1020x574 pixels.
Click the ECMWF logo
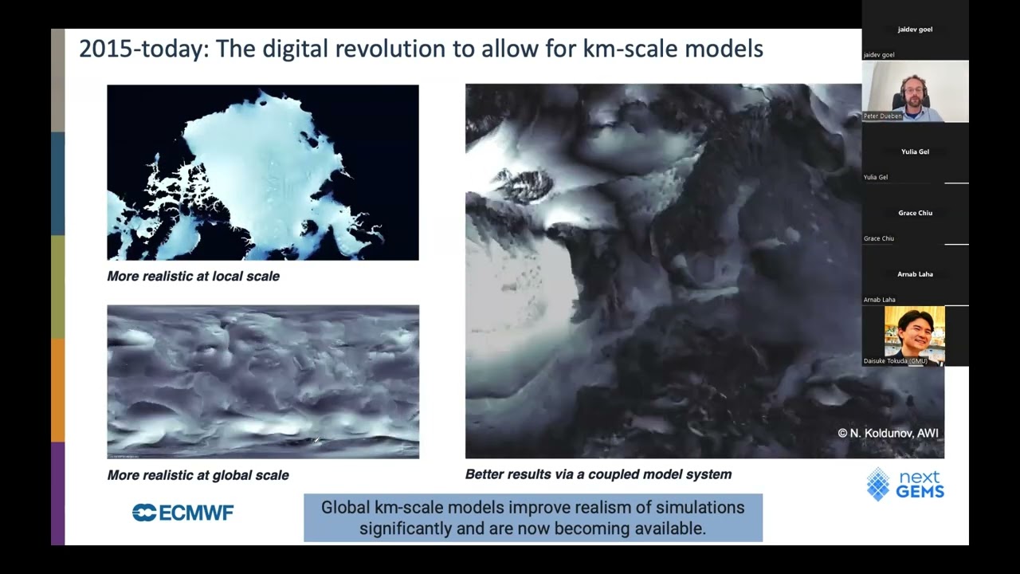point(182,513)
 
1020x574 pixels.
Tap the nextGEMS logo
point(905,484)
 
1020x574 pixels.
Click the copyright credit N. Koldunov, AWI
point(888,433)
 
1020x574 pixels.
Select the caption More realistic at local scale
point(193,276)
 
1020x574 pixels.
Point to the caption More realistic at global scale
point(198,475)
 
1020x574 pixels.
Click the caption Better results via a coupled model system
point(598,474)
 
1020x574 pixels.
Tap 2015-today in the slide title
point(144,49)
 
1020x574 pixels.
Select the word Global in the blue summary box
point(345,508)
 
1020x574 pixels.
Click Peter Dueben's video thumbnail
point(916,92)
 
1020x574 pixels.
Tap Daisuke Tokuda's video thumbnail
point(914,336)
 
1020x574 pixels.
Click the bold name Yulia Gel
point(916,151)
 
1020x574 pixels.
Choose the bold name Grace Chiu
point(916,213)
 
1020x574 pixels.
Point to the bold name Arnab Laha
point(916,273)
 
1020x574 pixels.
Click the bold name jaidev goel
point(916,29)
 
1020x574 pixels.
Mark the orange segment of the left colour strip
point(58,391)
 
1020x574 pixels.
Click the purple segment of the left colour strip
point(58,493)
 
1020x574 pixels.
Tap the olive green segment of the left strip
point(58,287)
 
